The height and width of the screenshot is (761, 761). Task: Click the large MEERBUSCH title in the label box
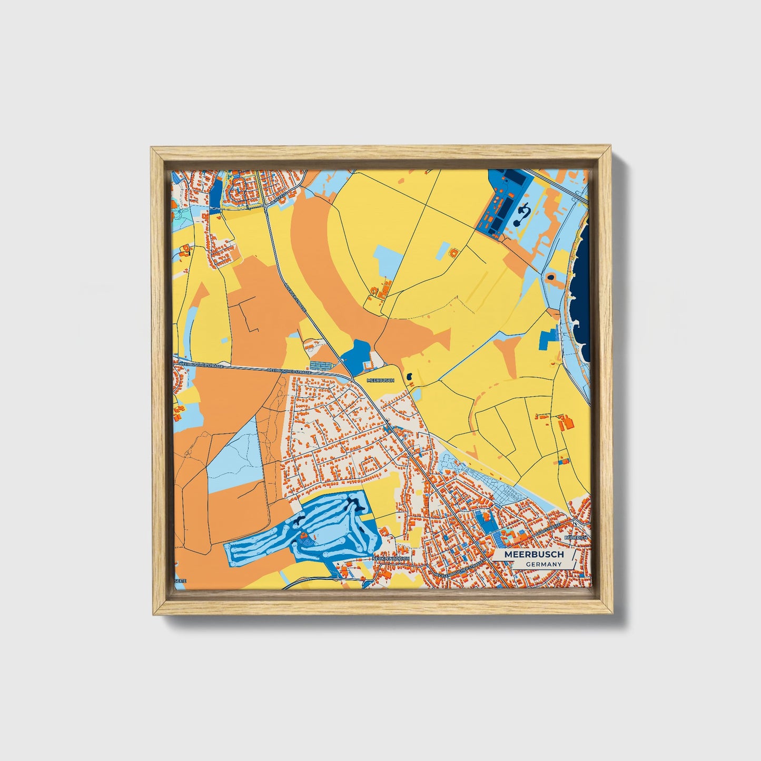(533, 555)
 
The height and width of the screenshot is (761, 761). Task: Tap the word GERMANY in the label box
(544, 564)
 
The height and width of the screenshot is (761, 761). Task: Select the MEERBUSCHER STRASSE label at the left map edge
(201, 364)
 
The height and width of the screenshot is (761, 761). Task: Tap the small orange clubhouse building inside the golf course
(304, 537)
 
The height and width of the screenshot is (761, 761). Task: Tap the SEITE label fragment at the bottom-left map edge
(180, 580)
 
